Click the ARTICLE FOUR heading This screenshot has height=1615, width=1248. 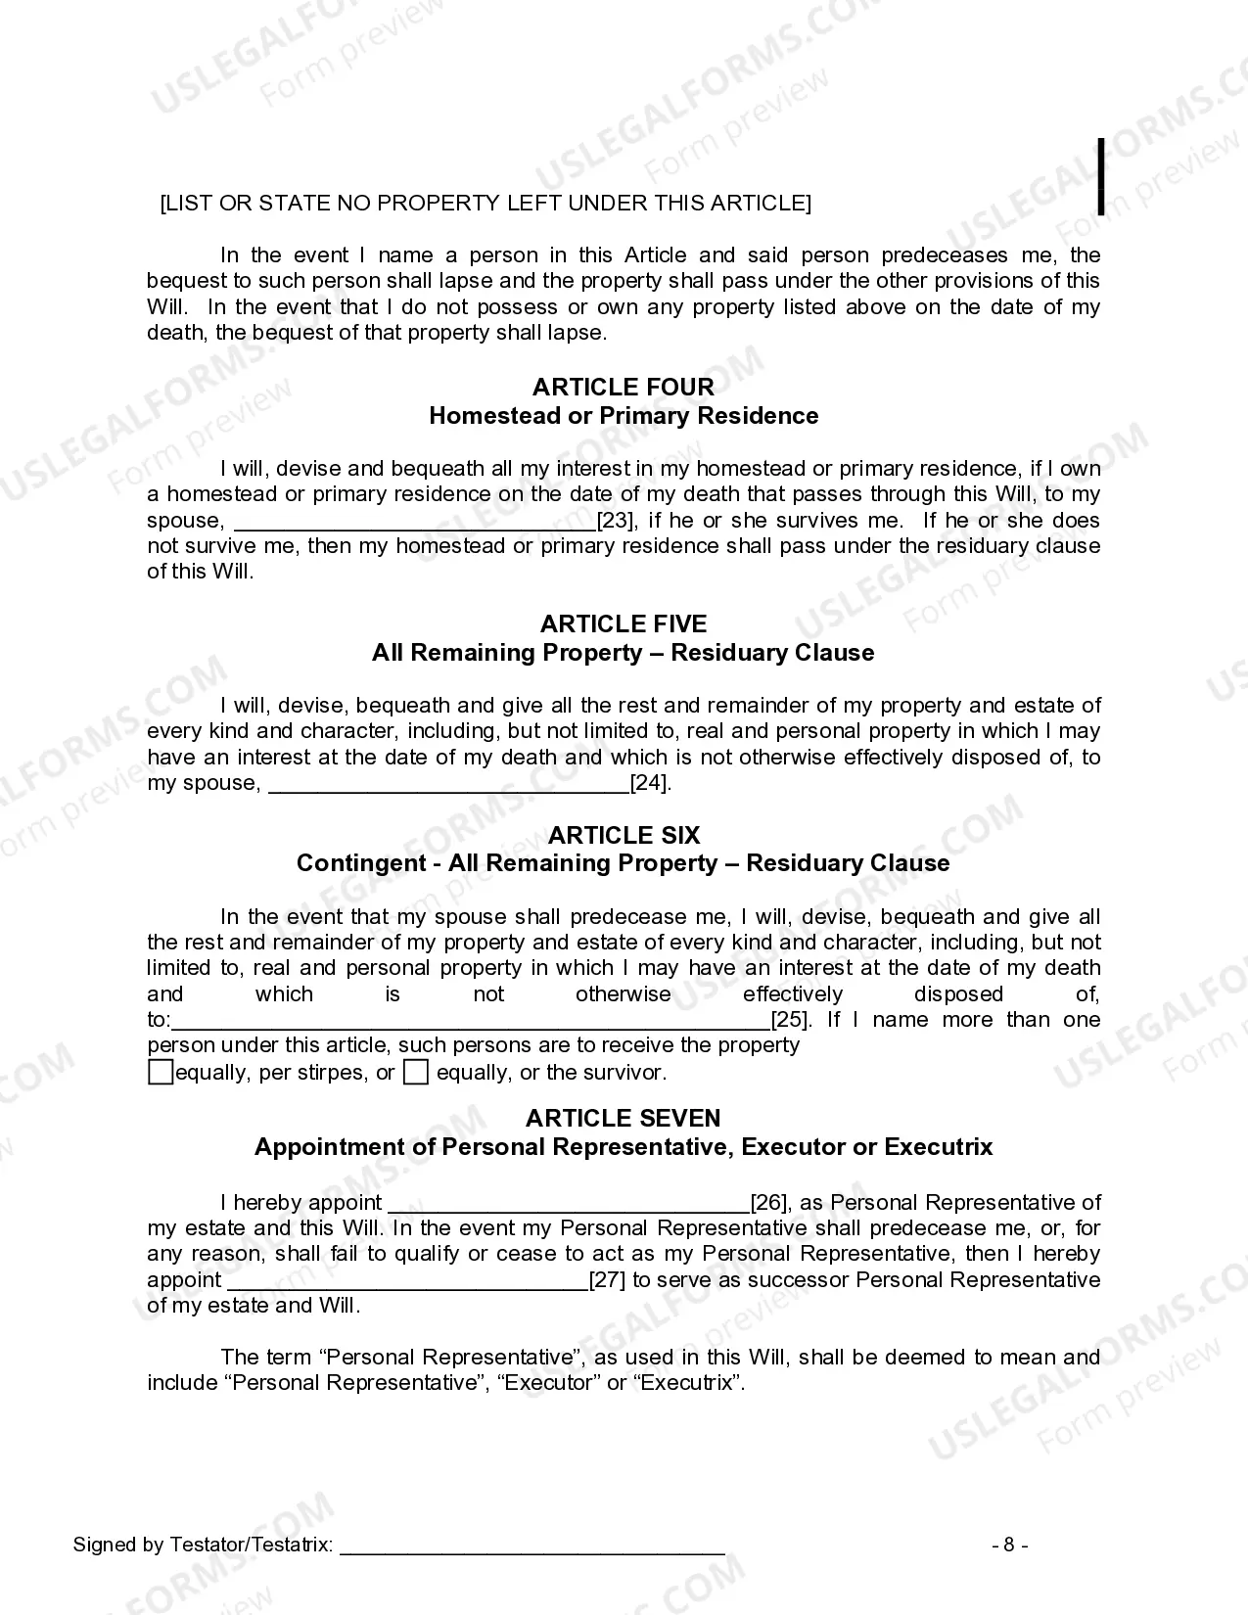[x=623, y=387]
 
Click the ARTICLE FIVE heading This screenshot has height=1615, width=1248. [x=623, y=623]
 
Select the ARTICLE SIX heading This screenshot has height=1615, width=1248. [x=623, y=835]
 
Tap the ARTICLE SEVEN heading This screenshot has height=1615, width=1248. [x=623, y=1118]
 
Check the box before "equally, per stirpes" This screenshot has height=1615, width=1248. [x=160, y=1073]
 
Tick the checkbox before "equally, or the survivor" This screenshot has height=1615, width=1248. [x=416, y=1073]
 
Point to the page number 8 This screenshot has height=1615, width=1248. [x=1009, y=1546]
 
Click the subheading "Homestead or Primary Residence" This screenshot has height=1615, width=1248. [x=623, y=416]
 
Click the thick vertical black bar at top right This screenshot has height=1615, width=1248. [x=1102, y=176]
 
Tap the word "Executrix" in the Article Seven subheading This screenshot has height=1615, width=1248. [x=942, y=1147]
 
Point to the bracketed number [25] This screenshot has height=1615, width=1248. [x=790, y=1020]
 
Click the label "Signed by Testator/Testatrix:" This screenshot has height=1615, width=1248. [x=203, y=1546]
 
